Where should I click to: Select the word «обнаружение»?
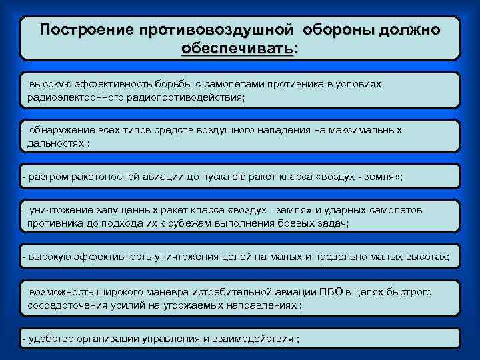click(58, 131)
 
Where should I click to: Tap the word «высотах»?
click(429, 256)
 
